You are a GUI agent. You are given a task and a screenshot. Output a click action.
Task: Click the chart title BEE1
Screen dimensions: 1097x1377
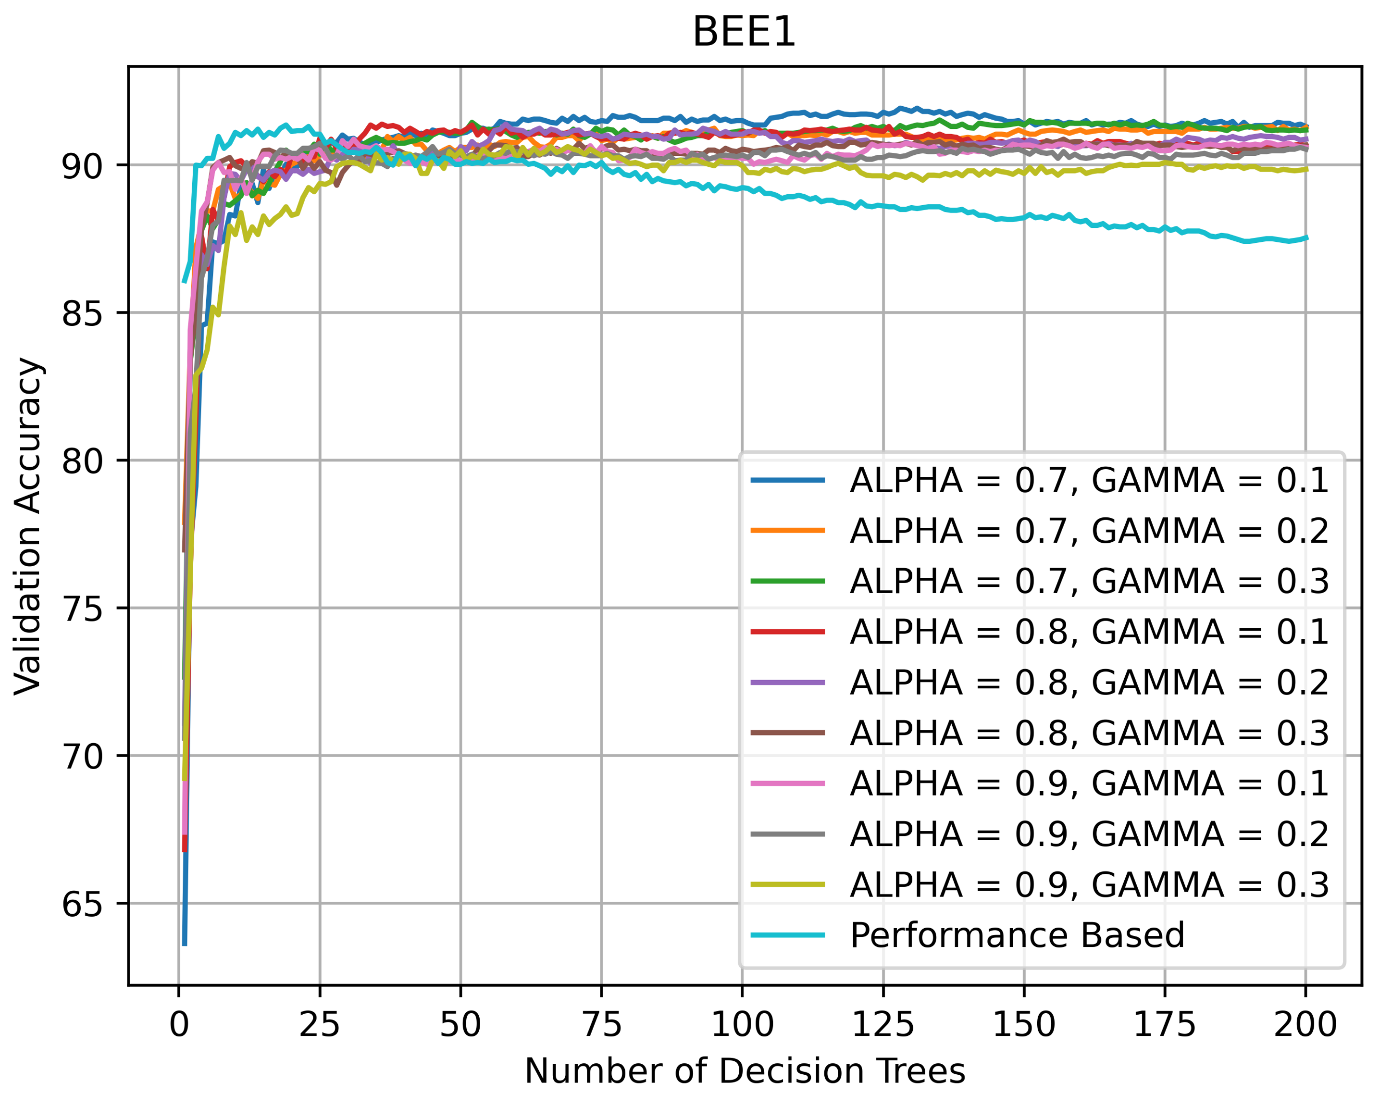[744, 32]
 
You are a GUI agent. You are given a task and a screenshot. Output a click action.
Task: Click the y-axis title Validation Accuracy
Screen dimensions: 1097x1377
[28, 526]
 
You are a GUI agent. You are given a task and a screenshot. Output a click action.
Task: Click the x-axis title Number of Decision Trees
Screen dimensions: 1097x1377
[744, 1070]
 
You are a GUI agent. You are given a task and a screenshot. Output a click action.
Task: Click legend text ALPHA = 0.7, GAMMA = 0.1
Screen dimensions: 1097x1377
[1088, 480]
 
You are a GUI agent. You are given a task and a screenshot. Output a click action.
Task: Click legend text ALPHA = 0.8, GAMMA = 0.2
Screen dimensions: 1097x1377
[1088, 683]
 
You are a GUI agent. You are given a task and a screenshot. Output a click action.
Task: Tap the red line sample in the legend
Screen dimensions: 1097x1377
[787, 632]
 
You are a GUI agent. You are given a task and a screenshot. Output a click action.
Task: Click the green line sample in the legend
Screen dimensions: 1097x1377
[787, 581]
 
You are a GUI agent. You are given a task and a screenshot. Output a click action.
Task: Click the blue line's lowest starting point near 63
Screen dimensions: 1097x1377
[184, 944]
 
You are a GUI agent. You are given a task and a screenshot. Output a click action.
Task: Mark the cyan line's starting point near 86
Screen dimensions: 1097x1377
[184, 282]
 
